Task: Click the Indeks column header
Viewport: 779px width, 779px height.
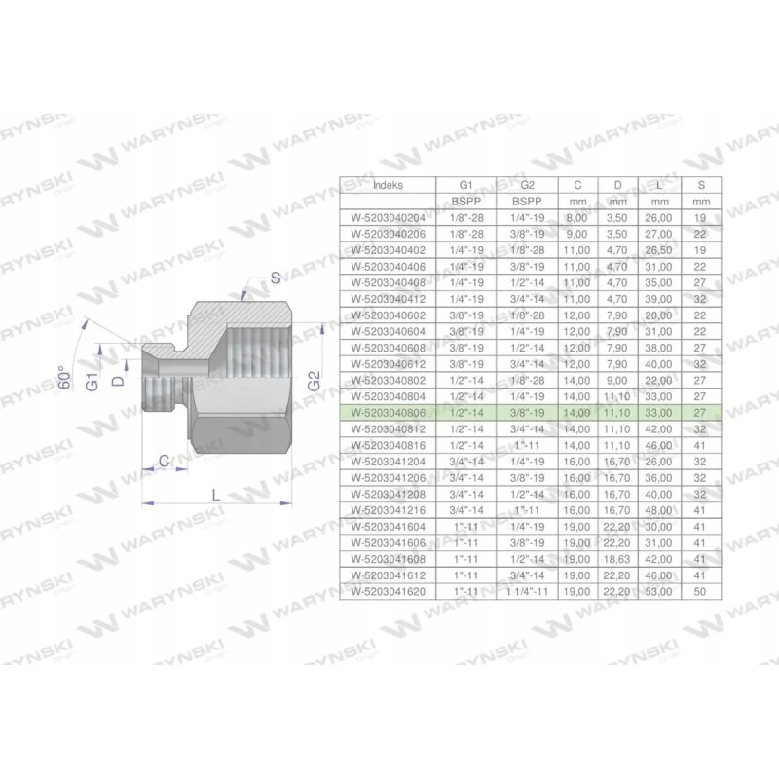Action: click(x=387, y=184)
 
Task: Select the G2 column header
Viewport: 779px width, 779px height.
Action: click(x=526, y=184)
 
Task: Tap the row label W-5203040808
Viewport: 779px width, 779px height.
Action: click(x=387, y=413)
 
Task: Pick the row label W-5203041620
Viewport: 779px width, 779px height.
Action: click(x=387, y=590)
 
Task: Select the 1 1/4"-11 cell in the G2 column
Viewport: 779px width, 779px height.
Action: click(x=526, y=590)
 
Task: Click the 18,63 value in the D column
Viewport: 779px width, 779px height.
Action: click(x=614, y=559)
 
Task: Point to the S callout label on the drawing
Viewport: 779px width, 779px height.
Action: click(x=276, y=278)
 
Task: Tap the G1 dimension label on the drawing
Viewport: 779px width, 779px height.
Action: click(x=91, y=381)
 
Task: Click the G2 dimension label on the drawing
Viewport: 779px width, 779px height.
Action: click(x=313, y=381)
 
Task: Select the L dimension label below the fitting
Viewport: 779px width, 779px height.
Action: click(x=215, y=494)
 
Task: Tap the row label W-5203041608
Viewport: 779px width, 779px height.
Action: click(x=387, y=559)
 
